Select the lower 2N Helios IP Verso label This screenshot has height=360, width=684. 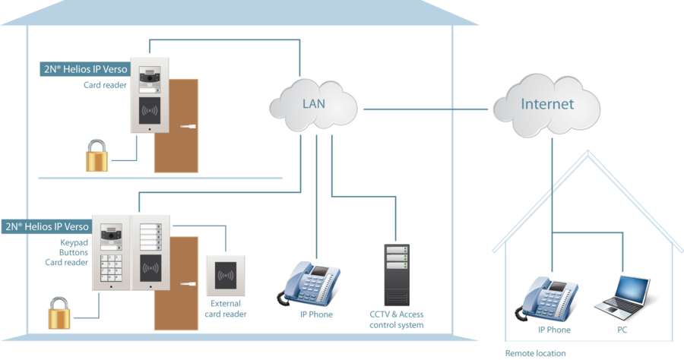coord(47,226)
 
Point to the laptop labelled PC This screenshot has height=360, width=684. coord(624,297)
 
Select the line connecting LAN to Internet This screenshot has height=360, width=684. coord(426,109)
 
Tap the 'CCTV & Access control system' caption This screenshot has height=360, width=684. coord(396,319)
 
